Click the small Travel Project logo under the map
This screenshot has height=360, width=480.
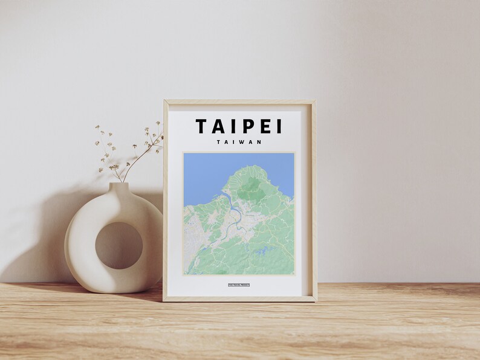click(x=239, y=284)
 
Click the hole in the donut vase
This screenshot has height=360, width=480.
click(x=118, y=245)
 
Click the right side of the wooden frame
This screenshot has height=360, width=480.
click(x=313, y=199)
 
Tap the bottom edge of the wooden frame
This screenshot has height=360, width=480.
click(x=239, y=298)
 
